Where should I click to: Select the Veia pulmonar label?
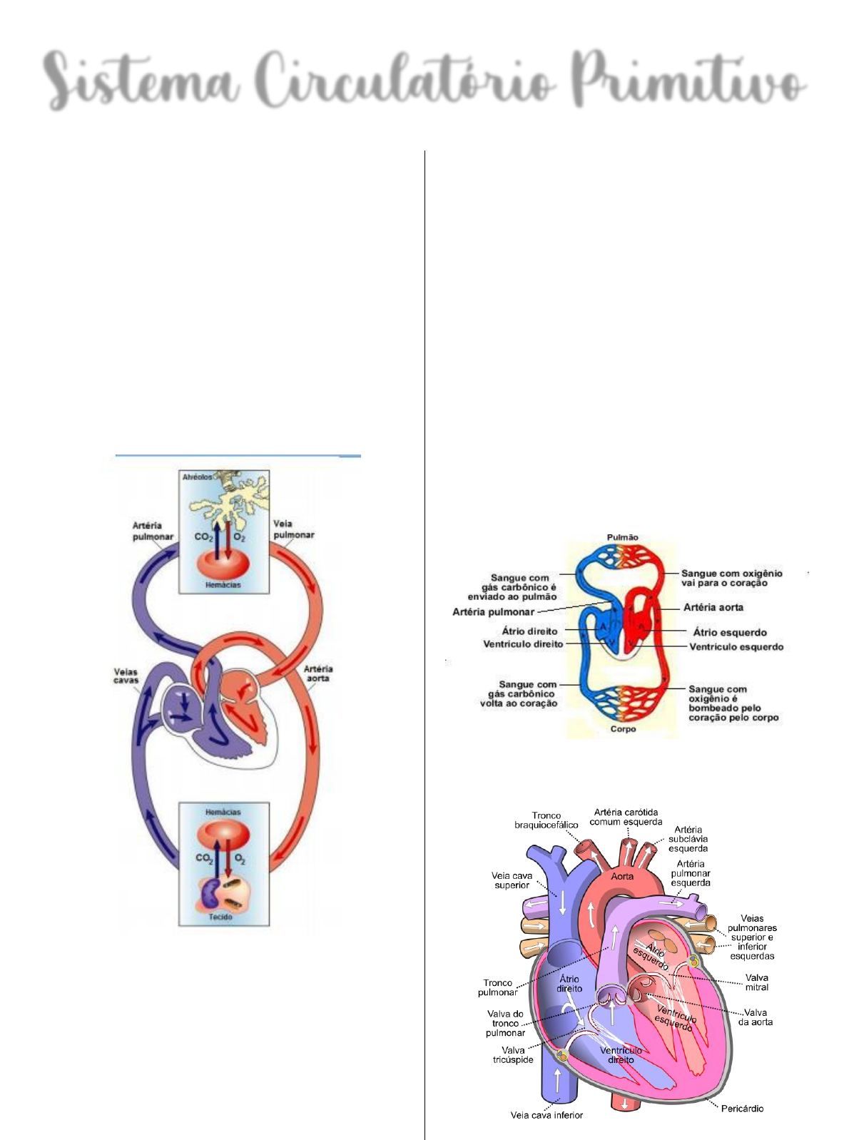point(293,529)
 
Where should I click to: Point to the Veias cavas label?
point(126,676)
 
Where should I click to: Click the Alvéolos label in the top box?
point(197,477)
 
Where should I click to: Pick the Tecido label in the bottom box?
point(220,917)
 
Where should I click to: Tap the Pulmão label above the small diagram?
point(623,537)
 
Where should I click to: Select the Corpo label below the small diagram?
point(623,729)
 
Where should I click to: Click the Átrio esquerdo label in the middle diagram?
point(730,632)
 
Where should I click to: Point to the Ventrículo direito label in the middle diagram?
point(523,644)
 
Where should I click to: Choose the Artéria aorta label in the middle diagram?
point(713,608)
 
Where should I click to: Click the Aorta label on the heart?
point(622,876)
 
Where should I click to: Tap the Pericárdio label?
point(742,1108)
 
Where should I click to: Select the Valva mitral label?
point(757,982)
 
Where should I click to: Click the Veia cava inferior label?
point(546,1115)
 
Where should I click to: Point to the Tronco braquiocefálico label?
point(546,820)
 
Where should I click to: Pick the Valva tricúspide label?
point(513,1055)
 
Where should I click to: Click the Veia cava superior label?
point(512,880)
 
